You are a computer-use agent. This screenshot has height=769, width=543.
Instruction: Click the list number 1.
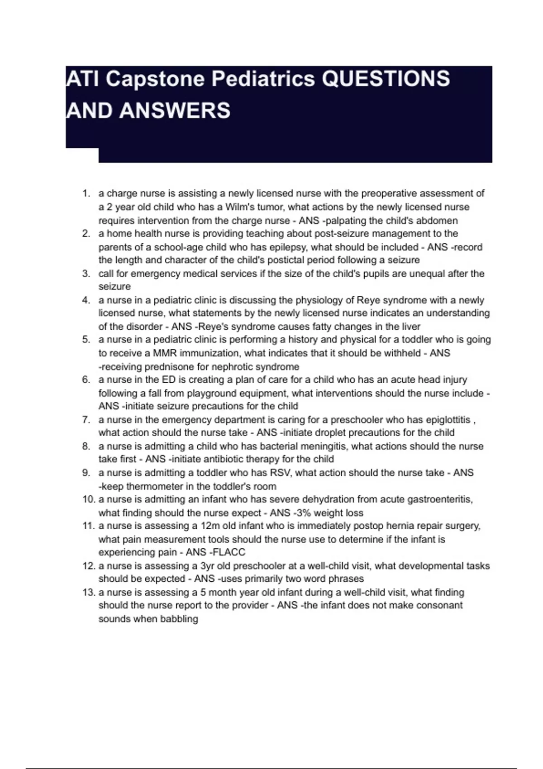coord(86,194)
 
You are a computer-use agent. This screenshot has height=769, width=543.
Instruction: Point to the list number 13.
coord(89,592)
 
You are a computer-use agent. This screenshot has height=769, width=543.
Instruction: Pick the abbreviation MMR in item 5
coord(165,353)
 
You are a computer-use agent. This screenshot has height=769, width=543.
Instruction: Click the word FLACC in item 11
coord(229,552)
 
